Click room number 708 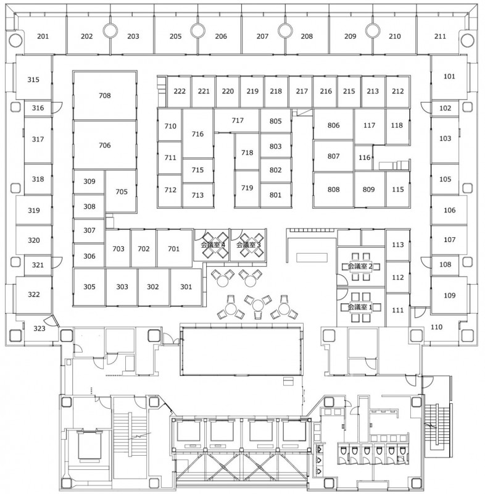(105, 96)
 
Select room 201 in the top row (43, 36)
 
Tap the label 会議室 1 (360, 307)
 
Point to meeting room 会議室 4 (213, 245)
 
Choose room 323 (39, 329)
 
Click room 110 (436, 327)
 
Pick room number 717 (238, 120)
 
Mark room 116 (365, 157)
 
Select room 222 (180, 91)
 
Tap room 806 (334, 125)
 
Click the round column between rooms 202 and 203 (110, 31)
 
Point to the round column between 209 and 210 (373, 31)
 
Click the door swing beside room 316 (57, 107)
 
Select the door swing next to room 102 (426, 107)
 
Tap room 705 (122, 192)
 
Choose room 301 (186, 287)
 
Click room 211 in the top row (440, 36)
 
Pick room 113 (398, 245)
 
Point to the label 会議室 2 (360, 267)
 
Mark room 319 (34, 210)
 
